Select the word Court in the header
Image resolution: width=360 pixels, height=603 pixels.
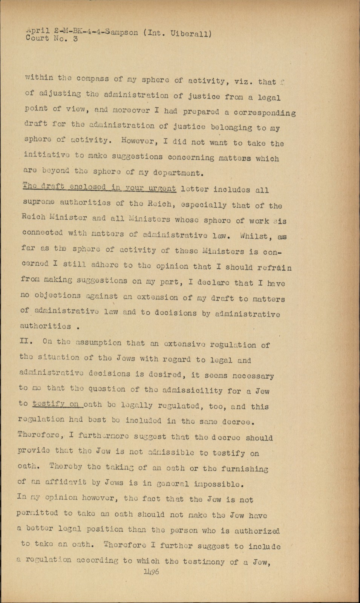[x=37, y=38]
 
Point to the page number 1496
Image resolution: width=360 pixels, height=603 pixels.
[x=151, y=572]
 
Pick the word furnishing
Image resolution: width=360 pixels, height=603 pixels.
[x=245, y=469]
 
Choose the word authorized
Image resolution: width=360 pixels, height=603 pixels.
[x=257, y=531]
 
